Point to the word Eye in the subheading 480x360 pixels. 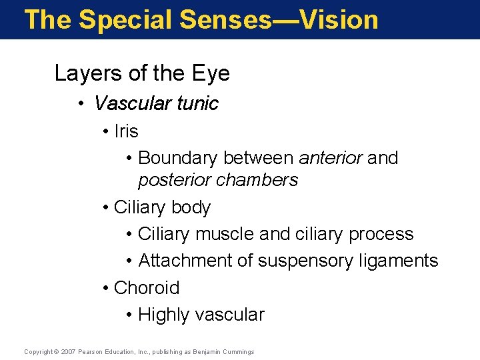tap(212, 73)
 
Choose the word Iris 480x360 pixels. tap(126, 131)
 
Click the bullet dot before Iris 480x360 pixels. tap(107, 132)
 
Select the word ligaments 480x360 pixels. tap(398, 261)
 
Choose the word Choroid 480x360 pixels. tap(147, 288)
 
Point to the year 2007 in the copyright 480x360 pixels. tap(69, 351)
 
